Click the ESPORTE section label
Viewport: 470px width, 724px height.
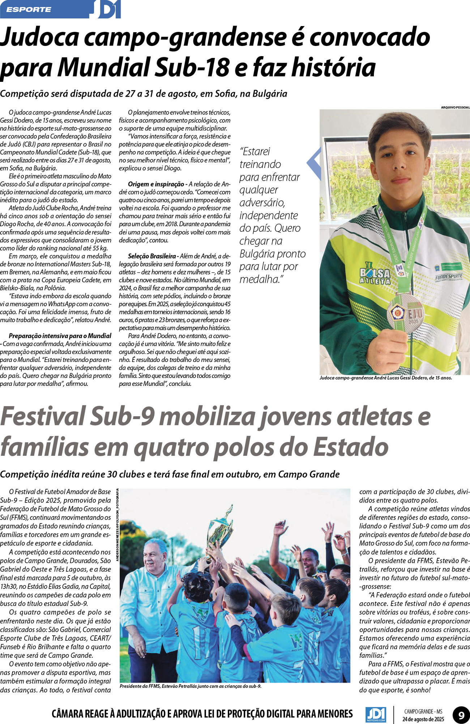pos(29,9)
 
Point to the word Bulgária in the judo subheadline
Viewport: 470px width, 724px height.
pos(269,94)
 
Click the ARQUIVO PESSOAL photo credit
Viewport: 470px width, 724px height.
pos(455,107)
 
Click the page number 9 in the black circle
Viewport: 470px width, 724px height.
pos(461,715)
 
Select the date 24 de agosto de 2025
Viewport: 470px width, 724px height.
pos(423,719)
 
